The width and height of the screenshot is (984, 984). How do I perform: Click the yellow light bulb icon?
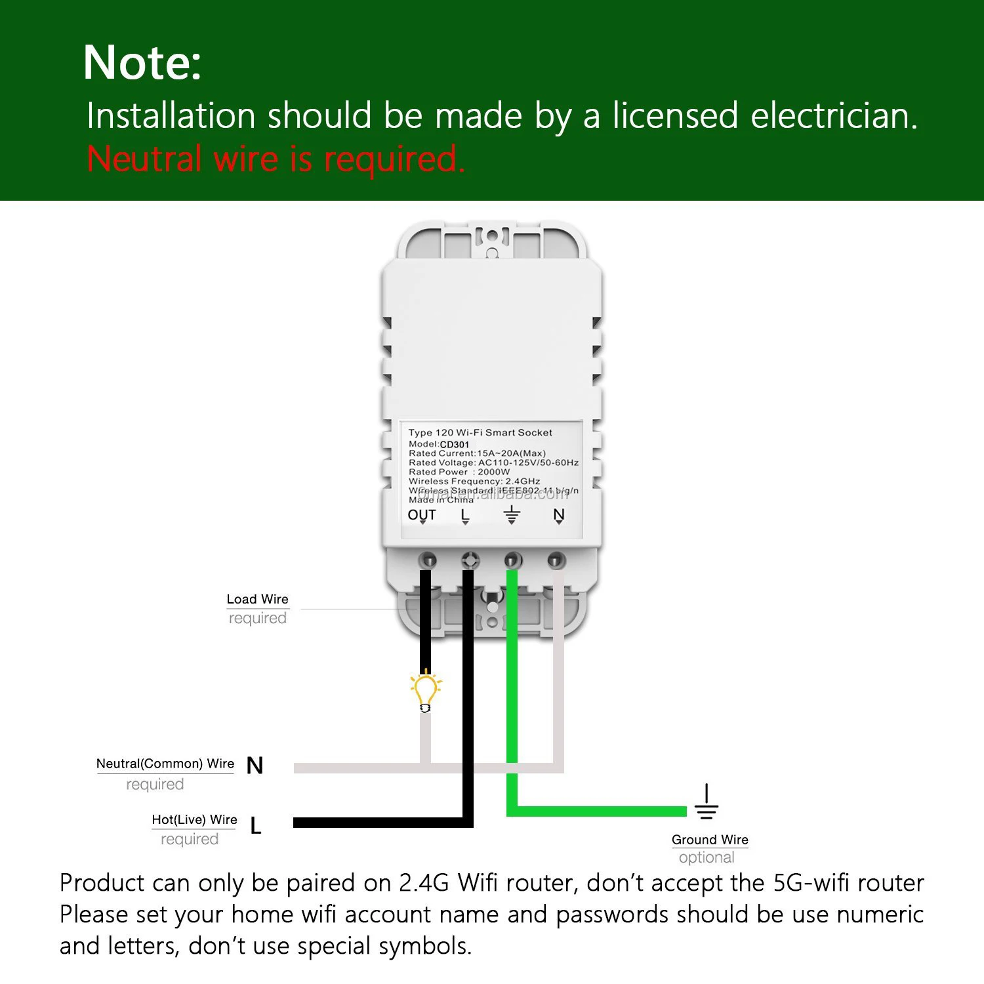[426, 691]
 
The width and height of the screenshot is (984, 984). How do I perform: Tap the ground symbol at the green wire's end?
[707, 803]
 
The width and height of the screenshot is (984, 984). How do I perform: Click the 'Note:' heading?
[142, 63]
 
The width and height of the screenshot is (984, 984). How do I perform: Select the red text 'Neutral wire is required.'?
[276, 159]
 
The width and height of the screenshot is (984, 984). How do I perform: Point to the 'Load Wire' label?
[257, 599]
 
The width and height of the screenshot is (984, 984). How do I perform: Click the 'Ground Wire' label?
[710, 840]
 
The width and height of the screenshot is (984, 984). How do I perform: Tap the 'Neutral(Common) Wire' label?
[165, 764]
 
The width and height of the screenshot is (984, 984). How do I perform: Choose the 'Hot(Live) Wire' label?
[194, 819]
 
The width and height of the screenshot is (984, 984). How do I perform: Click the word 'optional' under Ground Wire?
[707, 857]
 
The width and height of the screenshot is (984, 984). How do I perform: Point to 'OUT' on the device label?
[422, 515]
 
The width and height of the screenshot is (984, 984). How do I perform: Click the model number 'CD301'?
[455, 444]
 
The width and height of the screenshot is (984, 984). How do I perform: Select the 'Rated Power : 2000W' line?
[459, 472]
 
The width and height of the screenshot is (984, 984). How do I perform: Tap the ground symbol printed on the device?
[512, 514]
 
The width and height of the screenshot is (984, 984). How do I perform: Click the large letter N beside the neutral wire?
[255, 766]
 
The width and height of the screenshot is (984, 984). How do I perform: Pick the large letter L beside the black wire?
[256, 826]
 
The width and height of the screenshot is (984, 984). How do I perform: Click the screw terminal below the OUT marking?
[428, 561]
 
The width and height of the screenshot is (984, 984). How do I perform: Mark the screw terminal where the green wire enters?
[513, 561]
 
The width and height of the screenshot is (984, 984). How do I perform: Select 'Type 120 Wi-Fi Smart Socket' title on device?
[480, 432]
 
